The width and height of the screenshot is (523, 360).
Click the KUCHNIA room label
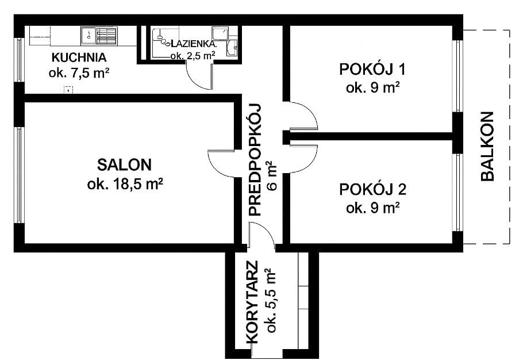[79, 58]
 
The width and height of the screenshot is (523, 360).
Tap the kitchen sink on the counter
[89, 36]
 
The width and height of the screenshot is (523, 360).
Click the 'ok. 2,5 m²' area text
[193, 56]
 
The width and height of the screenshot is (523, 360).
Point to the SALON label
[125, 165]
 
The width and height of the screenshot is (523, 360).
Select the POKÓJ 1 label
[373, 70]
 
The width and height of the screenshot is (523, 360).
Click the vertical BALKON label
[487, 146]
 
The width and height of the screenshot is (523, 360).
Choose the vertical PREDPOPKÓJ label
[255, 159]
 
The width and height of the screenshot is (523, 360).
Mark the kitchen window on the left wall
[19, 60]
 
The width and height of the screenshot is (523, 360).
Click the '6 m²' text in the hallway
[272, 176]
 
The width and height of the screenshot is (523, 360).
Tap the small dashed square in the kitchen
[69, 89]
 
